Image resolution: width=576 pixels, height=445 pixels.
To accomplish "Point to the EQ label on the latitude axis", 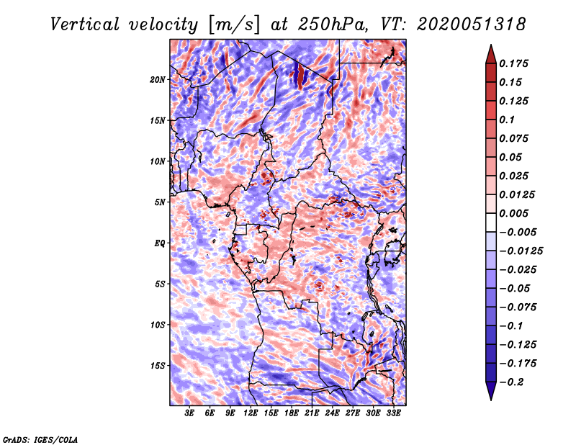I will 160,243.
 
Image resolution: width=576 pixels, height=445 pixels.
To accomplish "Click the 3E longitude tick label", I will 190,413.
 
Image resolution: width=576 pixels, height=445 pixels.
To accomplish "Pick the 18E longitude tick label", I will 292,413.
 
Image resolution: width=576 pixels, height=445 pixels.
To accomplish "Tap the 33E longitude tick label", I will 393,413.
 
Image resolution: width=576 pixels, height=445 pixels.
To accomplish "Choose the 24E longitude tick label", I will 332,413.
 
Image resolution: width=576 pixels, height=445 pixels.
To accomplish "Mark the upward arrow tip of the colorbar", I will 490,46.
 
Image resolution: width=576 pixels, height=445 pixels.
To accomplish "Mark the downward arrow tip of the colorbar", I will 490,398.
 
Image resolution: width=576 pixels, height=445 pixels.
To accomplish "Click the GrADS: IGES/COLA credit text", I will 40,439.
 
